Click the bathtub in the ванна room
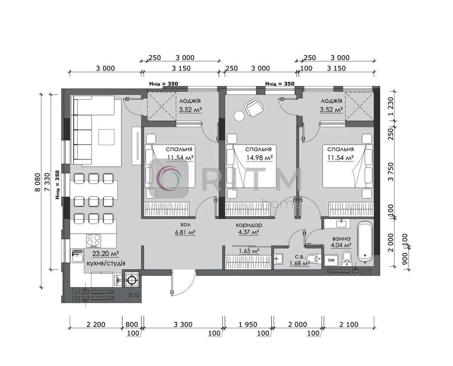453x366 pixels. coord(365,241)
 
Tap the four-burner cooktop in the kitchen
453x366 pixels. coord(94,241)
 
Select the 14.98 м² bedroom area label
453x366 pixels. coord(260,158)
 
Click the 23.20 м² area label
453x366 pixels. coord(105,254)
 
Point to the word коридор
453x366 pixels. coord(249,225)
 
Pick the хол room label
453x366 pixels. coord(185,224)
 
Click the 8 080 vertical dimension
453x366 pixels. coord(37,182)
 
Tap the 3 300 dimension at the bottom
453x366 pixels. coord(183,324)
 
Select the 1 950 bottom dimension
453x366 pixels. coord(248,324)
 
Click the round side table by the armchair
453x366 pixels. coord(239,116)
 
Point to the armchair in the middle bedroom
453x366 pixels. coord(254,107)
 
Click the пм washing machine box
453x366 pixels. coord(331,260)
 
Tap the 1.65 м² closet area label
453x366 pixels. coord(249,251)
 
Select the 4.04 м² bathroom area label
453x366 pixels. coord(341,246)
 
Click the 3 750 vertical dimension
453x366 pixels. coord(391,172)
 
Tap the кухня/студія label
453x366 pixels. coord(106,263)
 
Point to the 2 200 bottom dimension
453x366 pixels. coord(96,324)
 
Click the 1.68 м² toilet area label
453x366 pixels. coord(299,263)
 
